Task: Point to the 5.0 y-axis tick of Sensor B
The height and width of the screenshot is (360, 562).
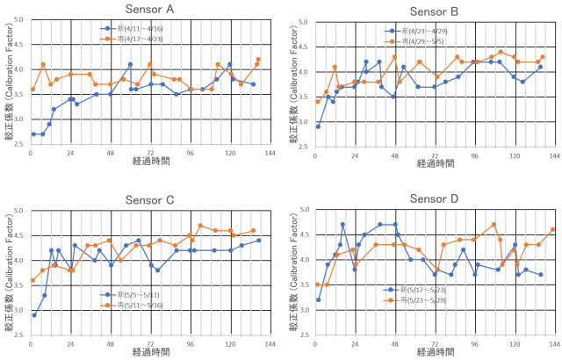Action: coord(299,22)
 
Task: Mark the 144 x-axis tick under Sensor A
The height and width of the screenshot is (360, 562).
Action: coord(270,154)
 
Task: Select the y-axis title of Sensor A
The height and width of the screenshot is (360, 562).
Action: coord(8,83)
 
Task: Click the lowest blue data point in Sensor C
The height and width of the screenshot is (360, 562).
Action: coord(34,314)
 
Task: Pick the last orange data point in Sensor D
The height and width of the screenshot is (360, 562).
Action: coord(553,230)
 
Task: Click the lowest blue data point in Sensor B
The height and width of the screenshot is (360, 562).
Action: coord(318,126)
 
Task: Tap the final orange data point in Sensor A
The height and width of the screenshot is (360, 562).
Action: coord(259,59)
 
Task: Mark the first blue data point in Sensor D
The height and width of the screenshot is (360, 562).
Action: coord(318,299)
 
